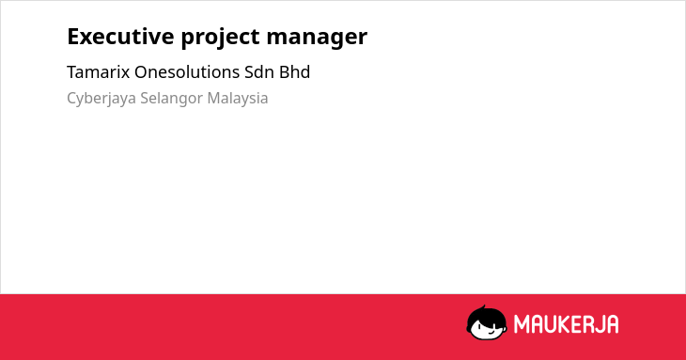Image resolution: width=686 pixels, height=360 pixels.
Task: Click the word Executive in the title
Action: (120, 37)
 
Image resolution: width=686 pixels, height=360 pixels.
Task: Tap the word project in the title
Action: (221, 38)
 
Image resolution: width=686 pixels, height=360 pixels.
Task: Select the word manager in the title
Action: (317, 39)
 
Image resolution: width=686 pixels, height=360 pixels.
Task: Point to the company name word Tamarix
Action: (99, 72)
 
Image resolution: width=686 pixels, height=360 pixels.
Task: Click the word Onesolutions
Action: (187, 72)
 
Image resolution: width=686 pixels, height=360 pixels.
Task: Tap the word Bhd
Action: (294, 72)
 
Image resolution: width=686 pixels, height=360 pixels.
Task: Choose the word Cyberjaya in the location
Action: (101, 99)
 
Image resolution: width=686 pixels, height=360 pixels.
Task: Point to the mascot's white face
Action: (488, 330)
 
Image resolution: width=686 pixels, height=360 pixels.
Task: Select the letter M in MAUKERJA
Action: (521, 324)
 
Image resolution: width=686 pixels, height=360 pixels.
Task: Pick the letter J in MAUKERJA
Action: (599, 324)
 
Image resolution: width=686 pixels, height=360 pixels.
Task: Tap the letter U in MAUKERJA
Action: (550, 324)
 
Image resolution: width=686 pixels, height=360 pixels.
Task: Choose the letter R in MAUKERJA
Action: (586, 324)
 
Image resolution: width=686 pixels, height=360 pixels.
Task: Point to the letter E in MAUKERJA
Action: (576, 324)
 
